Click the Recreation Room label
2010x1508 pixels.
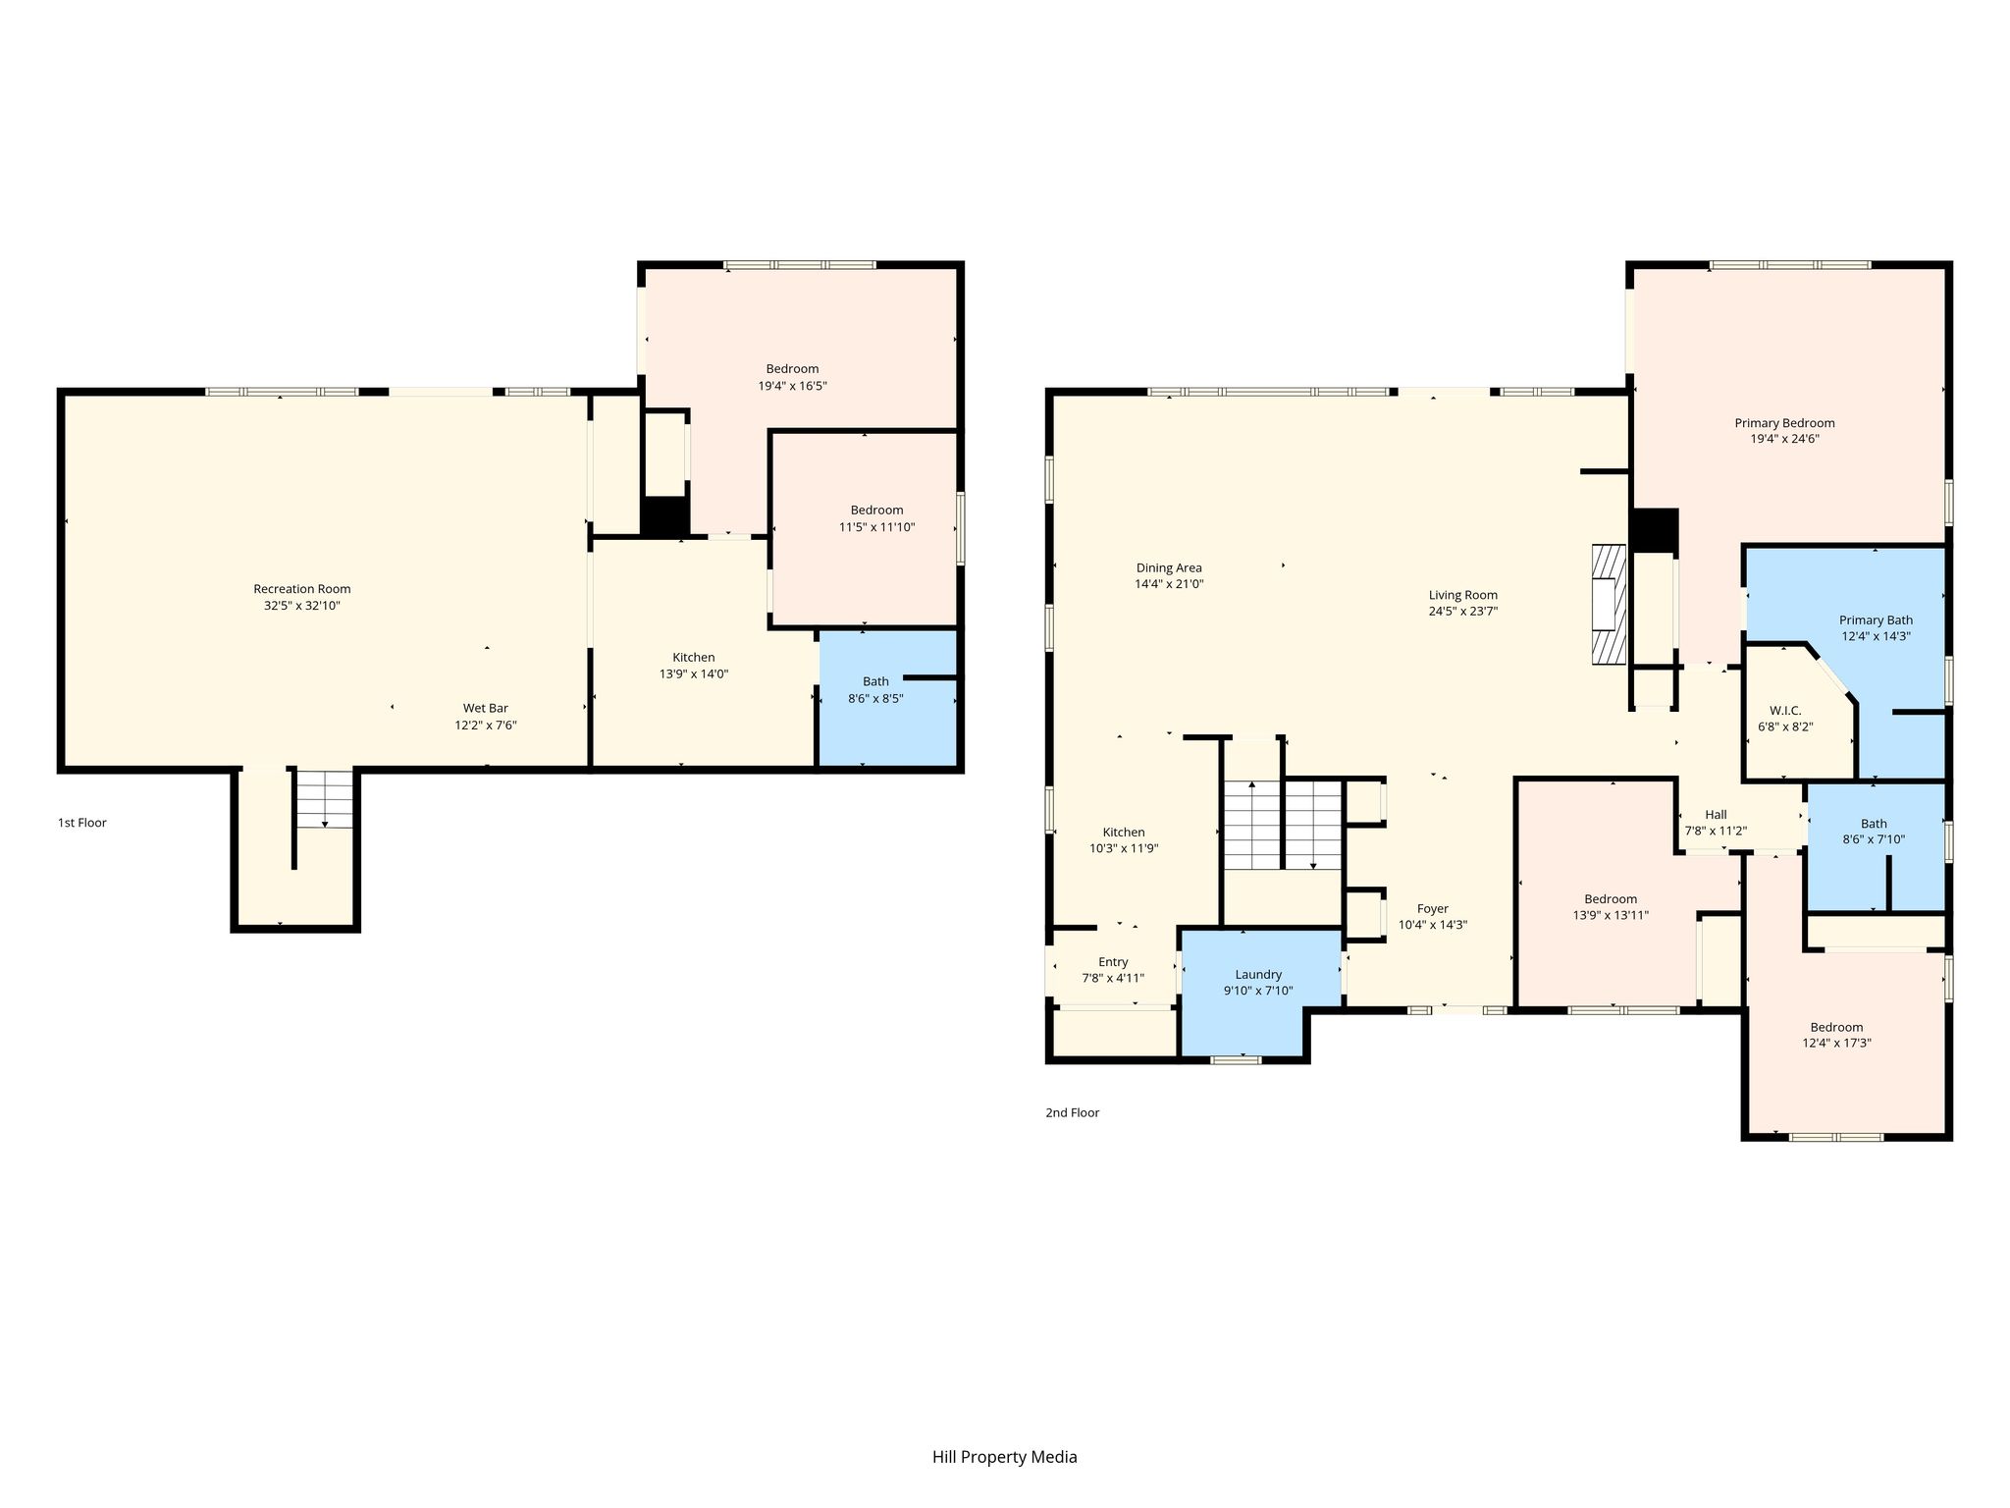coord(301,589)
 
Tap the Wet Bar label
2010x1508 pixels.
coord(486,708)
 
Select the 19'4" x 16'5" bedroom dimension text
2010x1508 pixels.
coord(792,386)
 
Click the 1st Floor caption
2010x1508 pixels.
coord(82,823)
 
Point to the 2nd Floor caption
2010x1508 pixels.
coord(1073,1112)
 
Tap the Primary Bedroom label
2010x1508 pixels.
coord(1784,423)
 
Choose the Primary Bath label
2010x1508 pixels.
coord(1876,619)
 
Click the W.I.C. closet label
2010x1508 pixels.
coord(1785,710)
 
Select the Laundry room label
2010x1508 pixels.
coord(1258,974)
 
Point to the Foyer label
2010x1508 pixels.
coord(1433,908)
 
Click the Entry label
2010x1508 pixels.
coord(1113,961)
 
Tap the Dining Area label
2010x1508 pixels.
coord(1169,567)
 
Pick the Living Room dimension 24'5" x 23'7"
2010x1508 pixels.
coord(1462,611)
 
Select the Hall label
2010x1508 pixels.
coord(1716,814)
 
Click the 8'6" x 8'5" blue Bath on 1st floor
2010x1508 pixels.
coord(887,697)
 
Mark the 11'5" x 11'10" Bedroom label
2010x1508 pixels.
coord(876,510)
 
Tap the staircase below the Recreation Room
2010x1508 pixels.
coord(325,799)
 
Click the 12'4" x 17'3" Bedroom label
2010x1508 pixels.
coord(1836,1027)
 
